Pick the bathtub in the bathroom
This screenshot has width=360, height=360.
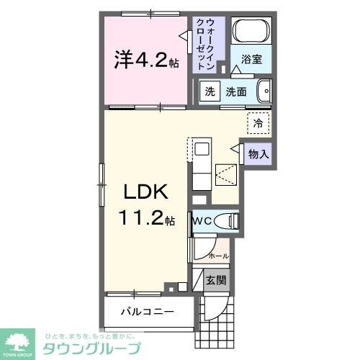[x=251, y=31]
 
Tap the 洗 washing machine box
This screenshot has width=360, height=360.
[x=210, y=91]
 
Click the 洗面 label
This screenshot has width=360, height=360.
[x=236, y=91]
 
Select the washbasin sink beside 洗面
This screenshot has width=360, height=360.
[x=264, y=91]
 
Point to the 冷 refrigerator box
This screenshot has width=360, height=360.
[x=258, y=123]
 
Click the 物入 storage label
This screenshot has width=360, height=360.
[x=259, y=153]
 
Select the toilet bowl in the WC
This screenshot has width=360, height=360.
[x=226, y=221]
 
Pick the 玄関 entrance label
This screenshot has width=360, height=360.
[x=215, y=280]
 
